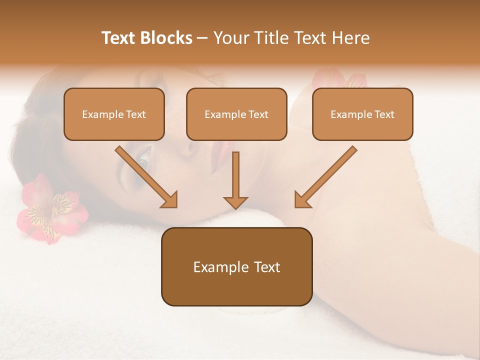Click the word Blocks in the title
[167, 38]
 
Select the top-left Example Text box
[114, 114]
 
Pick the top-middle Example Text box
[236, 114]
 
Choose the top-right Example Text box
[362, 114]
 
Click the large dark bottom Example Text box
[236, 266]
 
